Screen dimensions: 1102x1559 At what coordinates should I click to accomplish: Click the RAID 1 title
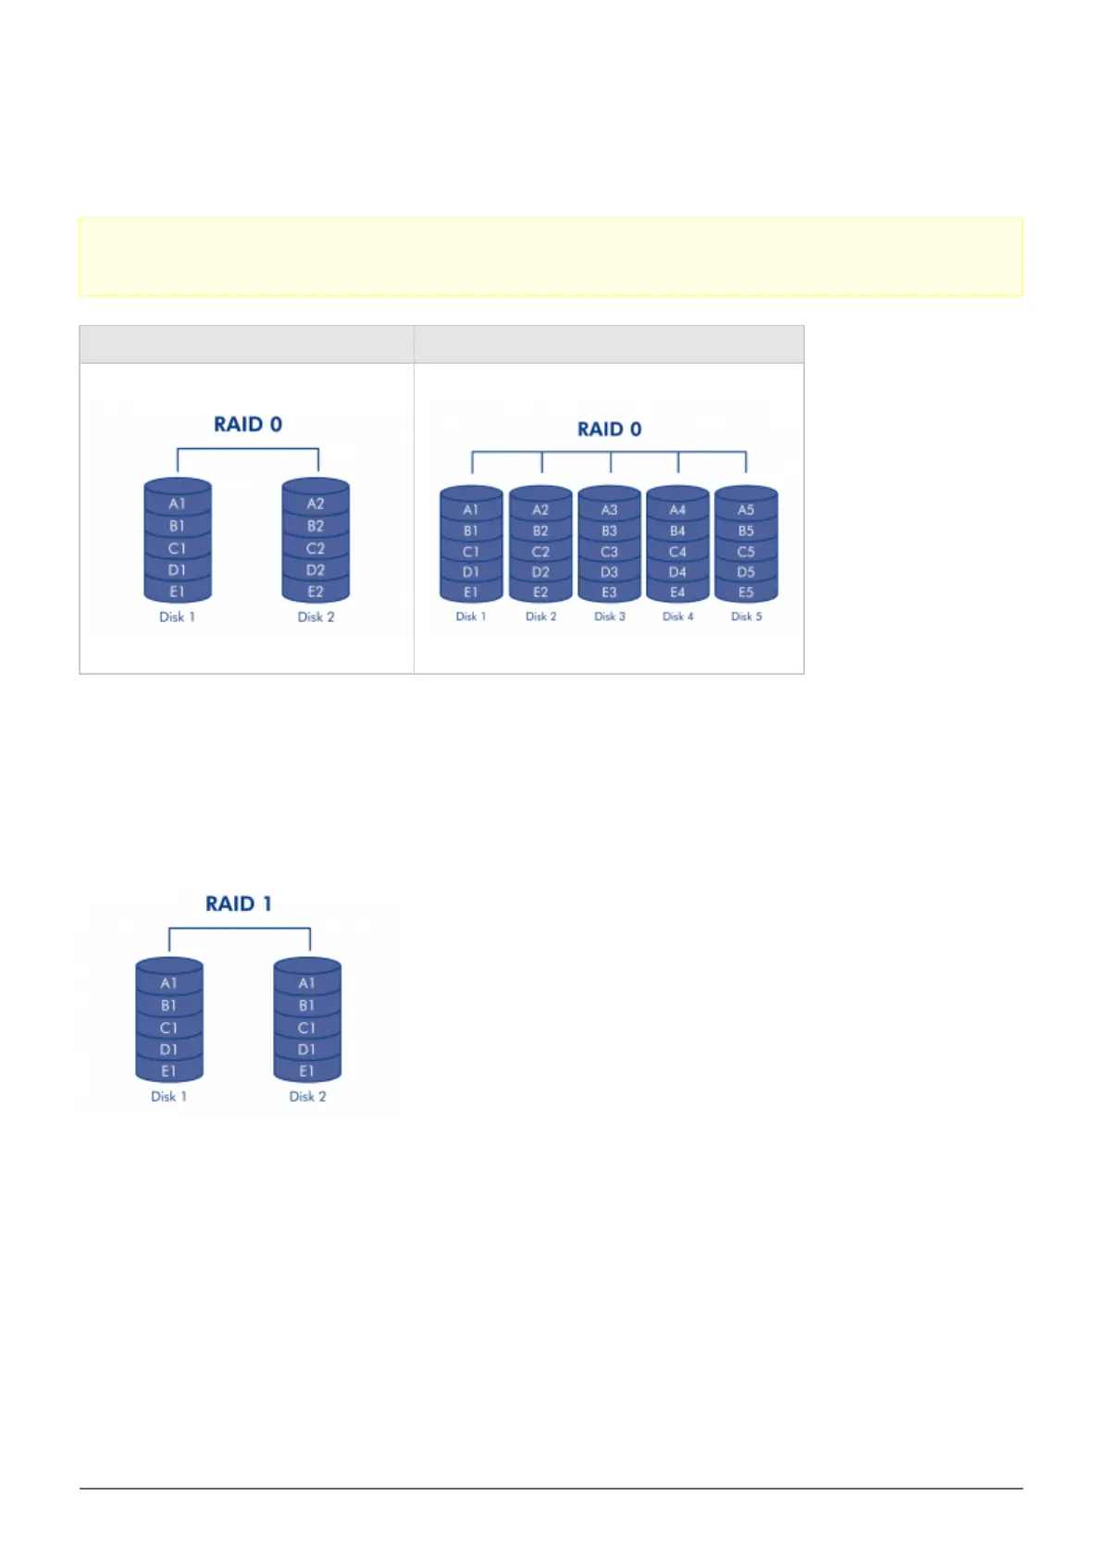point(239,904)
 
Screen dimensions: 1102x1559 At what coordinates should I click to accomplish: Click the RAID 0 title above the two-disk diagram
point(248,424)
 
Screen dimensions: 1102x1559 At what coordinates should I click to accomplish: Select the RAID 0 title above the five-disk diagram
point(609,429)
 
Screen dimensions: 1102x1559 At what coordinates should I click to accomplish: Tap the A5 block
point(746,509)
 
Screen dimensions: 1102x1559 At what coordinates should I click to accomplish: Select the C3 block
point(609,552)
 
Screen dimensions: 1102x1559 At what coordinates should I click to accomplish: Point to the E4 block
point(677,592)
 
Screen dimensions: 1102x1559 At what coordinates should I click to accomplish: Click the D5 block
point(746,572)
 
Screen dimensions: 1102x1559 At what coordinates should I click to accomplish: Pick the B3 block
point(609,530)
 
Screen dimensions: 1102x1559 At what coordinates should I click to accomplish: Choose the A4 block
point(677,509)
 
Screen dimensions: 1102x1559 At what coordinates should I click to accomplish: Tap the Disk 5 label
point(746,617)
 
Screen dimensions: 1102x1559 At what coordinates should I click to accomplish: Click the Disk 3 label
point(609,617)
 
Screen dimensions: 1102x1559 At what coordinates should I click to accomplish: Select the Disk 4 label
point(677,617)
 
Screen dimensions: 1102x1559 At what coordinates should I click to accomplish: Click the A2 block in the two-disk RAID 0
point(316,504)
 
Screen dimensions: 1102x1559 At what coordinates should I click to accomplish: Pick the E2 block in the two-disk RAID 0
point(316,592)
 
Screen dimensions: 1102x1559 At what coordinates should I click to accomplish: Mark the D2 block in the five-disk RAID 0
point(540,572)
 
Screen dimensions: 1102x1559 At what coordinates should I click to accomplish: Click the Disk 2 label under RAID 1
point(307,1096)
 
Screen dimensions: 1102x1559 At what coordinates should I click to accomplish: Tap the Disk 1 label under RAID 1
point(168,1096)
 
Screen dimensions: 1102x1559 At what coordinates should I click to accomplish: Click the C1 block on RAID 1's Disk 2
point(307,1028)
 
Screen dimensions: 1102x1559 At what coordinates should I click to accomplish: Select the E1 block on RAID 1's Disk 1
point(168,1071)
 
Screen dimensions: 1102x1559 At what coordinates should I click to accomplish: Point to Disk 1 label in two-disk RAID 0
point(177,617)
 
